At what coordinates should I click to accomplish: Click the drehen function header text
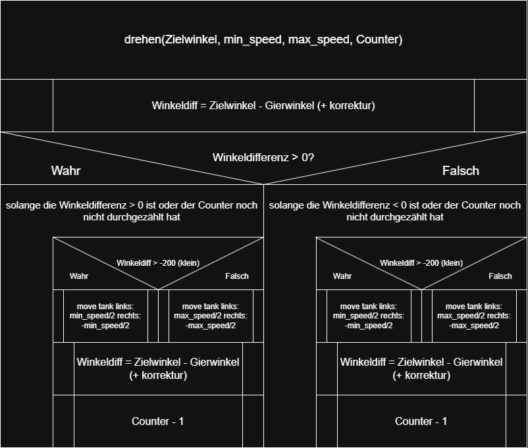[x=263, y=39]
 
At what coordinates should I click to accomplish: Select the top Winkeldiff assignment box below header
[x=263, y=105]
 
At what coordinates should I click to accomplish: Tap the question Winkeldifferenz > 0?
[x=263, y=158]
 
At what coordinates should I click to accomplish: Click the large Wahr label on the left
[x=66, y=171]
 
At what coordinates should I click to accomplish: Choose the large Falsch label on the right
[x=461, y=171]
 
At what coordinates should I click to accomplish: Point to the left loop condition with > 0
[x=132, y=211]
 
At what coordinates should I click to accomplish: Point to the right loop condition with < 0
[x=395, y=211]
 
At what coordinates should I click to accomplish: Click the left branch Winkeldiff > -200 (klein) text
[x=158, y=263]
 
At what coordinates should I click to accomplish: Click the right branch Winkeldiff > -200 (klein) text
[x=421, y=263]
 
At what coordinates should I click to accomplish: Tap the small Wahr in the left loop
[x=79, y=276]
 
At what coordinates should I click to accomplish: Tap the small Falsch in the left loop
[x=237, y=276]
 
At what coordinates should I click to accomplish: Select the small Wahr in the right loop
[x=342, y=276]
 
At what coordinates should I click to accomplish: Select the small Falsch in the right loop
[x=500, y=276]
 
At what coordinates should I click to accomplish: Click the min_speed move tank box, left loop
[x=105, y=316]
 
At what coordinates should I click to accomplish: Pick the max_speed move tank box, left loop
[x=211, y=316]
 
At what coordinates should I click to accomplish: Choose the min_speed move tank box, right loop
[x=369, y=316]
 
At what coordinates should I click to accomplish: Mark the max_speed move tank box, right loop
[x=474, y=316]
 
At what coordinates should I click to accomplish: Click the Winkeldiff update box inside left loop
[x=158, y=368]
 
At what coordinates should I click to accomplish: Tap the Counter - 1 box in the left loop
[x=158, y=421]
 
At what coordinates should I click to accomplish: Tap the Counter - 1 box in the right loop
[x=421, y=421]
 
